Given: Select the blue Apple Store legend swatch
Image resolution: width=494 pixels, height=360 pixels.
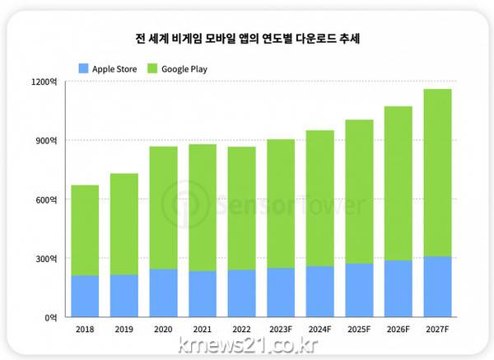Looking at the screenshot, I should click(x=82, y=68).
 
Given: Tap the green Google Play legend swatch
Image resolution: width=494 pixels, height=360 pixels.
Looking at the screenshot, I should click(x=153, y=68).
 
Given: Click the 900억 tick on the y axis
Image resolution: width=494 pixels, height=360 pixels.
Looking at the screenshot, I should click(x=45, y=141).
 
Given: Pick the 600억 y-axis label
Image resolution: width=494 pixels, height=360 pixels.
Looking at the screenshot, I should click(x=45, y=199).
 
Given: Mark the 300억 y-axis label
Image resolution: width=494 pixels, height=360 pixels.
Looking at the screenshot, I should click(x=45, y=258).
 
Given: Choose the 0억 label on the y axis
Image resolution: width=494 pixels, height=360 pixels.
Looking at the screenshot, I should click(x=49, y=316).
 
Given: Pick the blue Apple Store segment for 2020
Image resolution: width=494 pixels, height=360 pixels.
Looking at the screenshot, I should click(x=163, y=292).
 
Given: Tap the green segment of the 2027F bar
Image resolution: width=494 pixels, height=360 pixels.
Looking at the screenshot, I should click(x=437, y=173).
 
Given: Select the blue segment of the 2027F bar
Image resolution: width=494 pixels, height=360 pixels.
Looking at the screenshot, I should click(x=437, y=287).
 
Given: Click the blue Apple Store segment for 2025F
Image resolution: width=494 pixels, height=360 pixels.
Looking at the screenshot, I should click(x=359, y=290).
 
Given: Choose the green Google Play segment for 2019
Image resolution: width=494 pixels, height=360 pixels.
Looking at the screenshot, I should click(x=124, y=224).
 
